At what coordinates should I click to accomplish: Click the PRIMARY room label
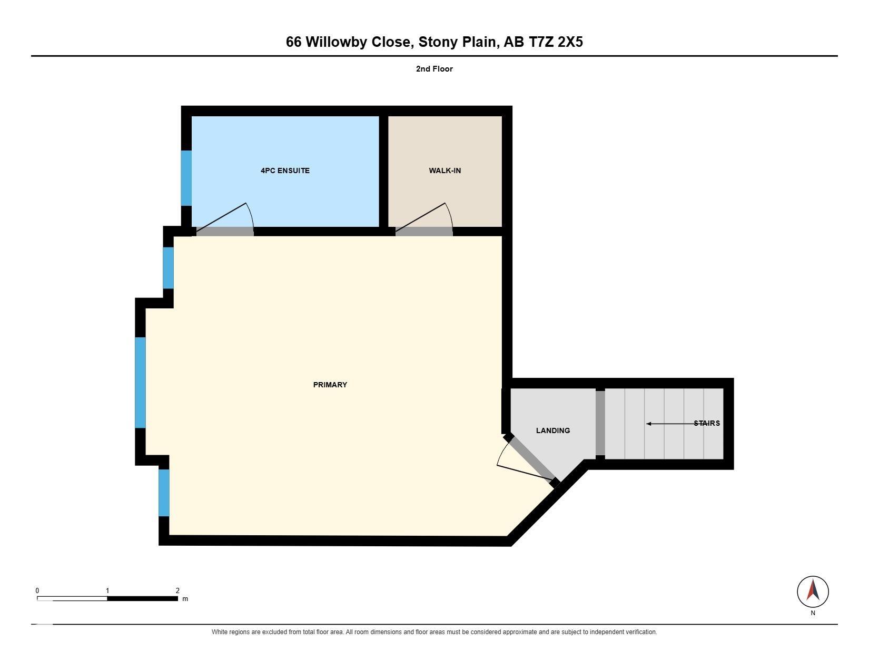330,385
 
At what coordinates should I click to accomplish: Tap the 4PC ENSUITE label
285,171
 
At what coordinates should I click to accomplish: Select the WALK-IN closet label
445,171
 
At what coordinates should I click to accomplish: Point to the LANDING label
553,430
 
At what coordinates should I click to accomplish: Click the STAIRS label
707,423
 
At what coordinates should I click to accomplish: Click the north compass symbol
813,592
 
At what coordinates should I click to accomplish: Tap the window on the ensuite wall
186,178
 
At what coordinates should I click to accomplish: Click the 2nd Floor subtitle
434,69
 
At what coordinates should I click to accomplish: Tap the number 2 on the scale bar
177,590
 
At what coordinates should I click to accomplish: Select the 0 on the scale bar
37,590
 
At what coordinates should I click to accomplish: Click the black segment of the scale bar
142,599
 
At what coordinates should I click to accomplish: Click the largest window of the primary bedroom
141,383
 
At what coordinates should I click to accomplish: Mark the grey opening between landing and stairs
600,423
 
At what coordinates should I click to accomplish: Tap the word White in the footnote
219,632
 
